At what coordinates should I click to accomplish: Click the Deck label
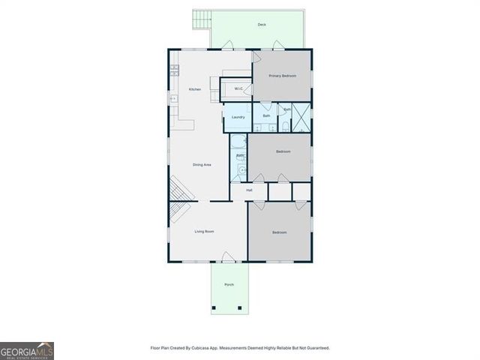pyautogui.click(x=262, y=25)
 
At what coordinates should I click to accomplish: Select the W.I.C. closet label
pyautogui.click(x=238, y=89)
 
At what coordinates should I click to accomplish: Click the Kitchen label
pyautogui.click(x=195, y=90)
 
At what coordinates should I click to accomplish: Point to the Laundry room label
pyautogui.click(x=238, y=118)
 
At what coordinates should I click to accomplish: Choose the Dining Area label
pyautogui.click(x=202, y=164)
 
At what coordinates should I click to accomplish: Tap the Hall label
pyautogui.click(x=248, y=190)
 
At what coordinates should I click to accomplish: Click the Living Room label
pyautogui.click(x=205, y=232)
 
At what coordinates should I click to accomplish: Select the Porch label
pyautogui.click(x=229, y=284)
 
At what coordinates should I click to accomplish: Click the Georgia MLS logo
pyautogui.click(x=27, y=351)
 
